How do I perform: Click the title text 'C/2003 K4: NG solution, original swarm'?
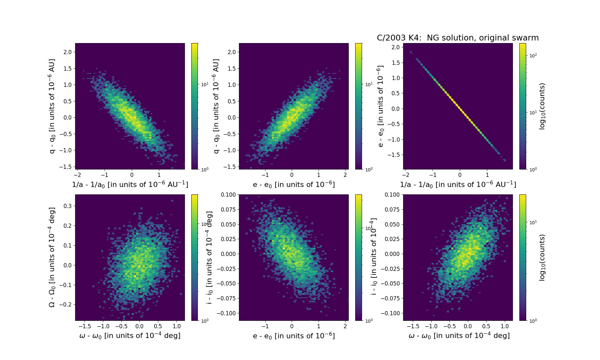click(458, 38)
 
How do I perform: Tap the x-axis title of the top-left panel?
click(130, 184)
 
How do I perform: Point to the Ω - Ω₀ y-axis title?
click(52, 257)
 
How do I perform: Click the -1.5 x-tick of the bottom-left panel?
click(85, 326)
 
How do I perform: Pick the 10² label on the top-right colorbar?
click(533, 56)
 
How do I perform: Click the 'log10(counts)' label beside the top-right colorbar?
click(542, 106)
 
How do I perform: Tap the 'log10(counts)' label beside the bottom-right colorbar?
click(542, 258)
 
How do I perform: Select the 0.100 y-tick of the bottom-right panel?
click(392, 195)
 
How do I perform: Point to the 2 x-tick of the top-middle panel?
click(345, 175)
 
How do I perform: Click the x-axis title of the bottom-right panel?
click(459, 336)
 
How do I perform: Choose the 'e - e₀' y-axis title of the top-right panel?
click(380, 106)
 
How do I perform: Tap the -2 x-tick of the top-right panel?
click(406, 175)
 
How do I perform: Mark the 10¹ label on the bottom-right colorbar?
click(533, 222)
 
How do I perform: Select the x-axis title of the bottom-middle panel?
click(294, 336)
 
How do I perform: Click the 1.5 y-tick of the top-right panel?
click(396, 63)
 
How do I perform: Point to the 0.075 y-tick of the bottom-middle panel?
click(228, 210)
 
